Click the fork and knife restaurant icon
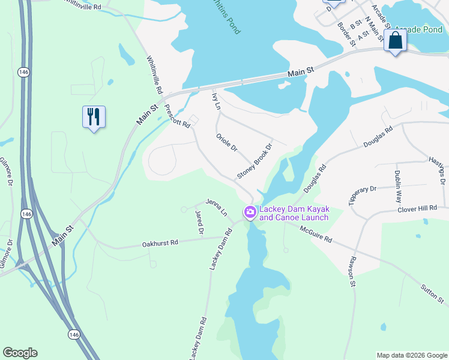pos(94,116)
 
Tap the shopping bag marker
pos(395,41)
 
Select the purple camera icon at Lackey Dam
pos(250,212)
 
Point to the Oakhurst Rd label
pos(160,243)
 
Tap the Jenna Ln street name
pos(217,208)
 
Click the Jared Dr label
pos(200,222)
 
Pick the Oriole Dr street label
pos(227,142)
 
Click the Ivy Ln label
pos(217,101)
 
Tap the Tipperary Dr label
pos(362,194)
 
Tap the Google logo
pos(20,353)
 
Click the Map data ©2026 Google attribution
pos(412,355)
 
